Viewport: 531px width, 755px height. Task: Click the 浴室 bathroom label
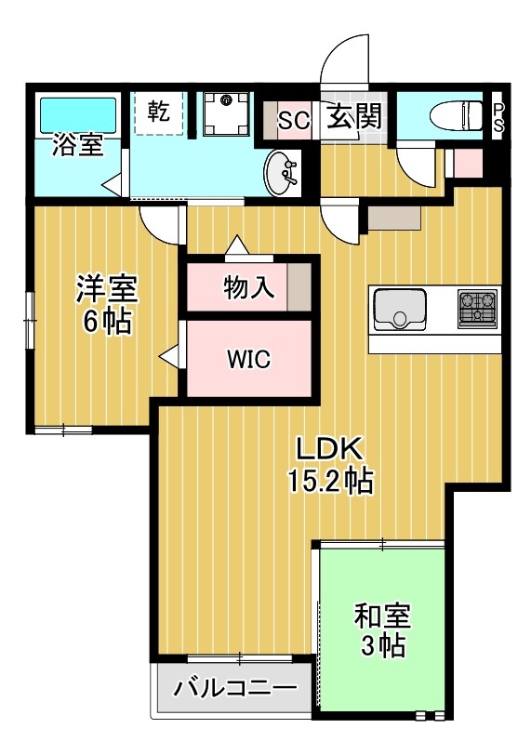click(78, 146)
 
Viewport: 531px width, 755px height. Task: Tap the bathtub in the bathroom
click(77, 115)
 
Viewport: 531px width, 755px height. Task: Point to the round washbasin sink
click(282, 173)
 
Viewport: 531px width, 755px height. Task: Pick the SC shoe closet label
click(294, 120)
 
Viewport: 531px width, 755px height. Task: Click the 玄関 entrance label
click(353, 118)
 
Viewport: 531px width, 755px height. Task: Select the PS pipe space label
click(498, 116)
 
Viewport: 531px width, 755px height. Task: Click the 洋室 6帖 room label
click(106, 306)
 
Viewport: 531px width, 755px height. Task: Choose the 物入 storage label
click(248, 288)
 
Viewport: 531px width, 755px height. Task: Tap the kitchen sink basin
click(400, 309)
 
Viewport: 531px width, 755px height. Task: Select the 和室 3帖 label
click(381, 629)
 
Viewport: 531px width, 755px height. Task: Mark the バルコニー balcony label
click(234, 689)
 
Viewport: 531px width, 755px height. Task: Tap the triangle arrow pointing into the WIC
click(168, 355)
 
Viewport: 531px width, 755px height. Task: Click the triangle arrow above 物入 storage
click(235, 245)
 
